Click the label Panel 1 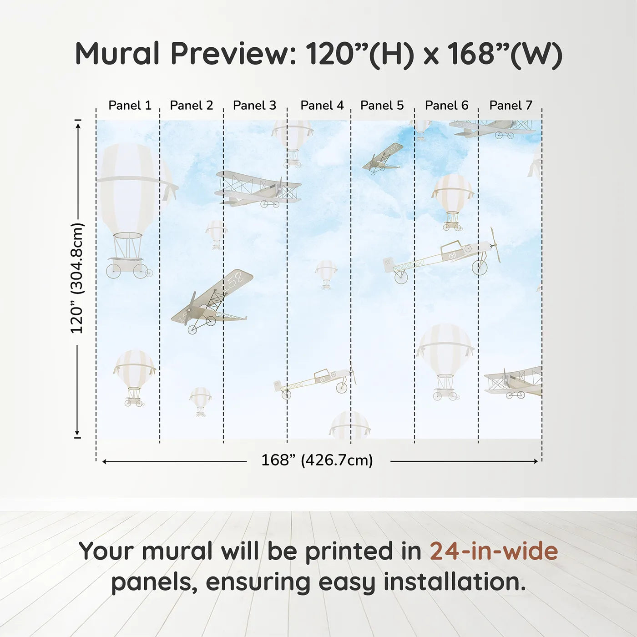point(130,106)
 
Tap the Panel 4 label point(322,106)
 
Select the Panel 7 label point(511,106)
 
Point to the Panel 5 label point(382,106)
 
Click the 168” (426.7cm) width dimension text point(317,460)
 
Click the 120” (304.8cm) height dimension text point(77,278)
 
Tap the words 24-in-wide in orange point(494,551)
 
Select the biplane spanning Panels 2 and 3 point(258,189)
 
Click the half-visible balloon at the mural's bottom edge point(349,425)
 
